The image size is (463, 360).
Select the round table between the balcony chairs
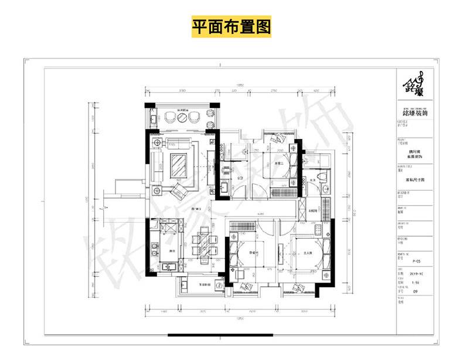[182, 117]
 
